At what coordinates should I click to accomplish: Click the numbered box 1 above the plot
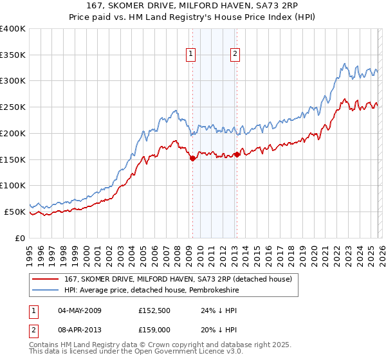click(x=192, y=55)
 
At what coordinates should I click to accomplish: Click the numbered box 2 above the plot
click(x=235, y=55)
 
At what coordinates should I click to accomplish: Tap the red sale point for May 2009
click(x=192, y=159)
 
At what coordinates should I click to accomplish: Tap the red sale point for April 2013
click(x=237, y=154)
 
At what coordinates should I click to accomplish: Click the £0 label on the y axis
click(x=19, y=238)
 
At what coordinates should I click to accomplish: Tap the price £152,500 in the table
click(x=156, y=310)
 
